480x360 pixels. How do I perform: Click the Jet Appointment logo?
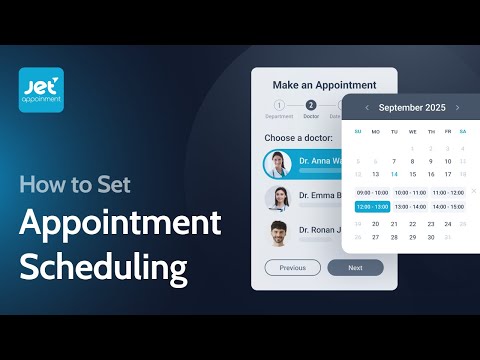coord(41,89)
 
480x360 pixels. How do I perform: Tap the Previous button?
coord(292,268)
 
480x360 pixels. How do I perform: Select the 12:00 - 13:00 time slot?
coord(373,207)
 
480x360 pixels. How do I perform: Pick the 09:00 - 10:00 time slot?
coord(373,192)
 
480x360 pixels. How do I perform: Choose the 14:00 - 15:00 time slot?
coord(448,207)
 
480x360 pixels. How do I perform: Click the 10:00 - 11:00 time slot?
coord(410,192)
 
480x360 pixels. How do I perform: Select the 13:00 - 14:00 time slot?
coord(410,207)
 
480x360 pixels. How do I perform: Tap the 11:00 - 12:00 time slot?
coord(448,192)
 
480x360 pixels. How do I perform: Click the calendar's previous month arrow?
coord(367,107)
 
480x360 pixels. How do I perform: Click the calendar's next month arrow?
coord(457,107)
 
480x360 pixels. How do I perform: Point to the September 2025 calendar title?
coord(412,107)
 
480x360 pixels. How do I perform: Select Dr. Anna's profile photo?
coord(278,164)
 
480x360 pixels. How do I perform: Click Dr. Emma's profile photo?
coord(278,198)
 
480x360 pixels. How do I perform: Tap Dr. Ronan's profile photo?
coord(278,233)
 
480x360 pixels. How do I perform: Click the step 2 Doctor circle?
coord(311,105)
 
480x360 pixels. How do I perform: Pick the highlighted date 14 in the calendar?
coord(394,174)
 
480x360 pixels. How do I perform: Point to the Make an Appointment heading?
coord(324,85)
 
